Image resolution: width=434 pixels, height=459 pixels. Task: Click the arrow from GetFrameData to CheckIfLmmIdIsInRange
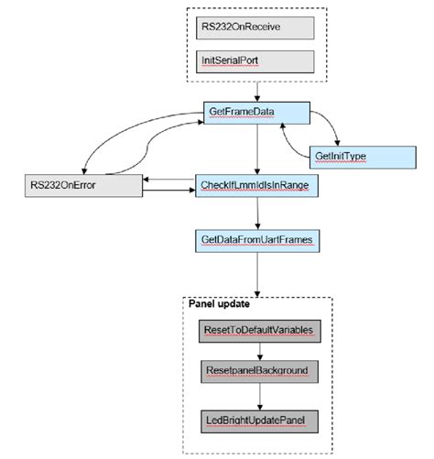[x=257, y=150]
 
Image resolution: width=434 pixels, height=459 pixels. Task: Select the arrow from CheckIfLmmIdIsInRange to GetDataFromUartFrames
[x=257, y=213]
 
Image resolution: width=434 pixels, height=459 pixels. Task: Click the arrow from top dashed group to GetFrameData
[x=257, y=93]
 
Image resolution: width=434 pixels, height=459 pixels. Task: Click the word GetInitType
[x=341, y=157]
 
